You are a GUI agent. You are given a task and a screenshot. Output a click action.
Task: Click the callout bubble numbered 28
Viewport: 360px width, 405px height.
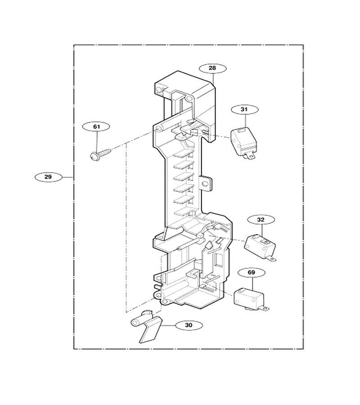tap(213, 68)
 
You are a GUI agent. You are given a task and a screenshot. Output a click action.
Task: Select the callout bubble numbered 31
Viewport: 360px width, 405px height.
tap(244, 109)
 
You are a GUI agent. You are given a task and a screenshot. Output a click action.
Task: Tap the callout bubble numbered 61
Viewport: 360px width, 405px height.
tap(96, 126)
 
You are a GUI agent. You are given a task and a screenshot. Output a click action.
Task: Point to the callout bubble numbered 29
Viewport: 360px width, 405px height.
tap(48, 177)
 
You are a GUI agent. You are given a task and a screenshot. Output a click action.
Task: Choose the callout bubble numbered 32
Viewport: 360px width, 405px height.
tap(261, 220)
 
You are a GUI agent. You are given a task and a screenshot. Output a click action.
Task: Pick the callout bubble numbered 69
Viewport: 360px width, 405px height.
tap(252, 273)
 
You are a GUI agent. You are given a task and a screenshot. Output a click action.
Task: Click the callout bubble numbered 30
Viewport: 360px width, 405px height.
tap(189, 325)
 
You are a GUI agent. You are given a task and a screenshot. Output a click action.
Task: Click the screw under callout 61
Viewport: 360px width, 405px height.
tap(100, 154)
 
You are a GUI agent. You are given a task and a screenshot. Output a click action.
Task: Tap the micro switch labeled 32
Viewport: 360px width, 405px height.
tap(260, 247)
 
